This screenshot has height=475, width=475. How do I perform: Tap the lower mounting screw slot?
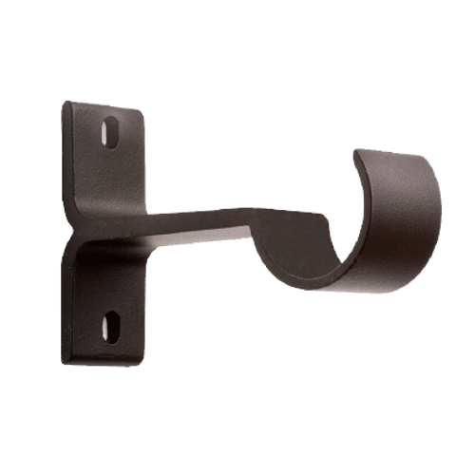[112, 323]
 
